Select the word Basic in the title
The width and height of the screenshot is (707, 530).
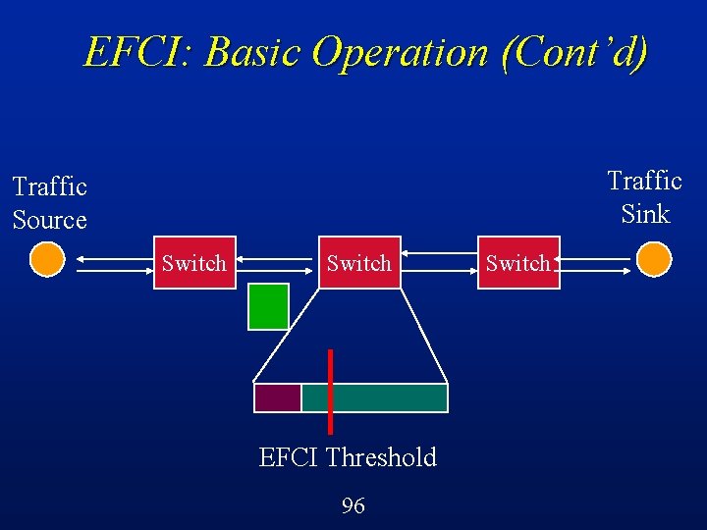pos(253,51)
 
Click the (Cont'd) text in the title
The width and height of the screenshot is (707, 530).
pos(574,51)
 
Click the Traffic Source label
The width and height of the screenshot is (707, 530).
pos(50,202)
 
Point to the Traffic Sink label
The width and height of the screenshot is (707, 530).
pos(644,196)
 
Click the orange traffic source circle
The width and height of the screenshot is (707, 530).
pos(46,261)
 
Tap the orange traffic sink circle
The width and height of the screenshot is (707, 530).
pos(654,260)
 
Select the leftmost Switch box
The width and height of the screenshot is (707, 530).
pos(194,262)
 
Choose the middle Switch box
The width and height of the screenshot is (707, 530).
pos(359,262)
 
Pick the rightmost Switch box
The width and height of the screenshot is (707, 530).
pos(517,262)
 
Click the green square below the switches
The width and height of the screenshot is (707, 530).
pos(268,306)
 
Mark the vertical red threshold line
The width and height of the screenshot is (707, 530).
pos(330,391)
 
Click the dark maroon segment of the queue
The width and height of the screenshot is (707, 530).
pos(277,397)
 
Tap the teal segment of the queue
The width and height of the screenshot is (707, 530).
pos(388,397)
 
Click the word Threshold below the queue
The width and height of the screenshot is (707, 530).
pos(381,457)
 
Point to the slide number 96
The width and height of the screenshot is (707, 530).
pos(353,505)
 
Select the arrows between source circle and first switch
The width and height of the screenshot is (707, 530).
pos(111,262)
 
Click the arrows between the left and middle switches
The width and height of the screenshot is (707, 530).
pos(277,262)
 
